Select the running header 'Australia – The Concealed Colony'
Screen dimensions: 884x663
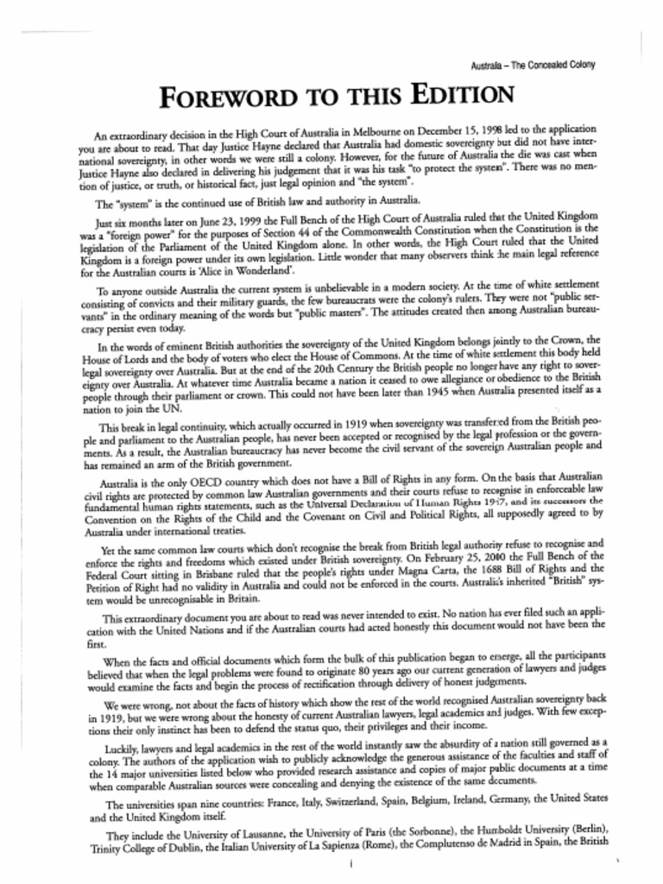coord(534,65)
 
